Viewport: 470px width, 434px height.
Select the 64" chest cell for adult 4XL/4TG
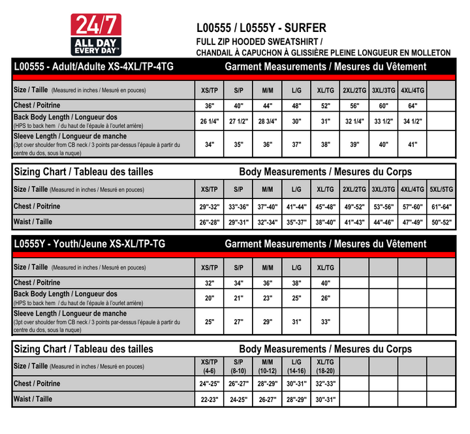(x=413, y=106)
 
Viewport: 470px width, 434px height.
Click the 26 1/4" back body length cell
(x=209, y=121)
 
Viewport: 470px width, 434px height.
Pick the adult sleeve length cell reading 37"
(x=296, y=145)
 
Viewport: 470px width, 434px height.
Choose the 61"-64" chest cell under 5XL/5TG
(x=442, y=207)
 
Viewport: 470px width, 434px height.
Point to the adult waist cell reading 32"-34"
(x=268, y=223)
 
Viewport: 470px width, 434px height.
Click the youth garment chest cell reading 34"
(x=238, y=284)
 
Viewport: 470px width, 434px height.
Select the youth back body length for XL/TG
(x=325, y=298)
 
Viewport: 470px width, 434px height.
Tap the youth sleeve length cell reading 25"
(x=209, y=322)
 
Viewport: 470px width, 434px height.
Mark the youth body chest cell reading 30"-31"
(x=296, y=384)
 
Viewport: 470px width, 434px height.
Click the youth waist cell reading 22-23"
(x=209, y=399)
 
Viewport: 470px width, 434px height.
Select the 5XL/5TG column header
(x=442, y=189)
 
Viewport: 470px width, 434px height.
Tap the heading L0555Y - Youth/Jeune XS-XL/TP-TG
(x=89, y=244)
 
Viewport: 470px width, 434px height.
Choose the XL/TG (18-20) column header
(x=325, y=366)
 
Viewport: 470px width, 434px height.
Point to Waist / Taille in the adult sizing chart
(x=33, y=222)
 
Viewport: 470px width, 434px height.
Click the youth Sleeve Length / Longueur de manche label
(x=70, y=314)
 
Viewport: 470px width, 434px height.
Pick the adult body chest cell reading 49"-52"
(x=354, y=207)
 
